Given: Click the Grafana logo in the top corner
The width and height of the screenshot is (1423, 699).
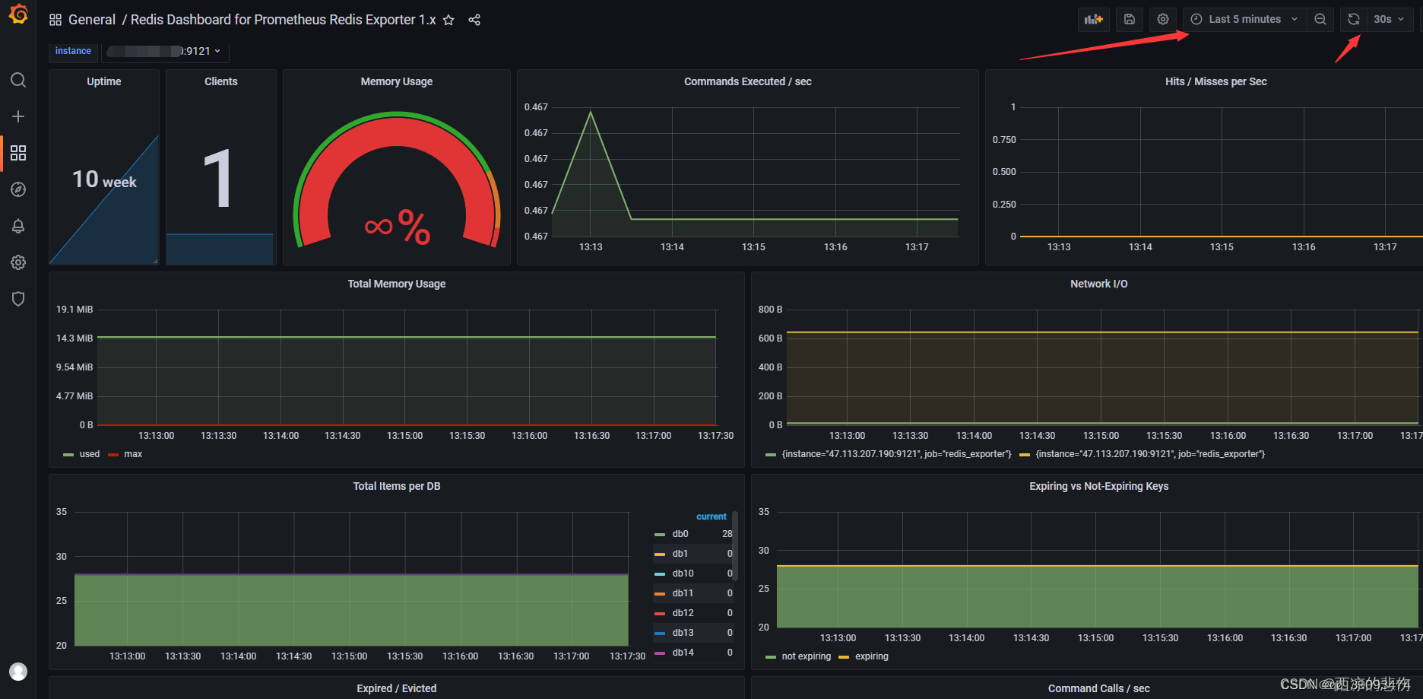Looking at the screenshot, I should [18, 14].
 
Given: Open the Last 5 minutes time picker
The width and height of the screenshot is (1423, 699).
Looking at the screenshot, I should [1244, 19].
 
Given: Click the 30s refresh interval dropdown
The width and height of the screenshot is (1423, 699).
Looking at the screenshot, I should [1388, 19].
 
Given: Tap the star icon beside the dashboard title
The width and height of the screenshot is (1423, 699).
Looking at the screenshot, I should [448, 20].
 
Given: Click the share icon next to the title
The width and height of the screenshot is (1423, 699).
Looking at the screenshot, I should [474, 20].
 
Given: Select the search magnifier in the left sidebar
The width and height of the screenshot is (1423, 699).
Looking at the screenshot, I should [18, 80].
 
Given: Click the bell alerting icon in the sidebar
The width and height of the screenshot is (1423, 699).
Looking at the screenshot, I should [18, 226].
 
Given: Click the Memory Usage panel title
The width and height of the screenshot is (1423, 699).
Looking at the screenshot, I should [396, 81].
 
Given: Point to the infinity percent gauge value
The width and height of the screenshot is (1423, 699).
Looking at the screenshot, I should [398, 227].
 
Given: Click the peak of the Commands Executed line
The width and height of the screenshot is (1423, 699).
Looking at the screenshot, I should [591, 113].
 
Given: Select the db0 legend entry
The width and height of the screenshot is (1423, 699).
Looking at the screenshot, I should [680, 534].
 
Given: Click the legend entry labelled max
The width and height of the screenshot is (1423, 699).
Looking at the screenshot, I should [133, 454].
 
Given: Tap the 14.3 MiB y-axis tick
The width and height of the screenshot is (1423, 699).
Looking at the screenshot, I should [74, 338].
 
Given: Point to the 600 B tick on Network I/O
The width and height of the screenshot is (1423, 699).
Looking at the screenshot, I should [770, 338].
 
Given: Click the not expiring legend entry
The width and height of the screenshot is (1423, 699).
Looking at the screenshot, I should [806, 656].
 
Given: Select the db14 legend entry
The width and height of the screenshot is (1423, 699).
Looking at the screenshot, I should [683, 653].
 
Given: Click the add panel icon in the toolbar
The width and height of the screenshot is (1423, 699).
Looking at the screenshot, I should [1093, 19].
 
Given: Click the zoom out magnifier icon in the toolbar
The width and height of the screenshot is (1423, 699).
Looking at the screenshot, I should [1320, 19].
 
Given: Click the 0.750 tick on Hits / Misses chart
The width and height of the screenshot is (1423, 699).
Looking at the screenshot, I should [1003, 139].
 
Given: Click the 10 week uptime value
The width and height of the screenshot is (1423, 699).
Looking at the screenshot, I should [104, 180].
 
